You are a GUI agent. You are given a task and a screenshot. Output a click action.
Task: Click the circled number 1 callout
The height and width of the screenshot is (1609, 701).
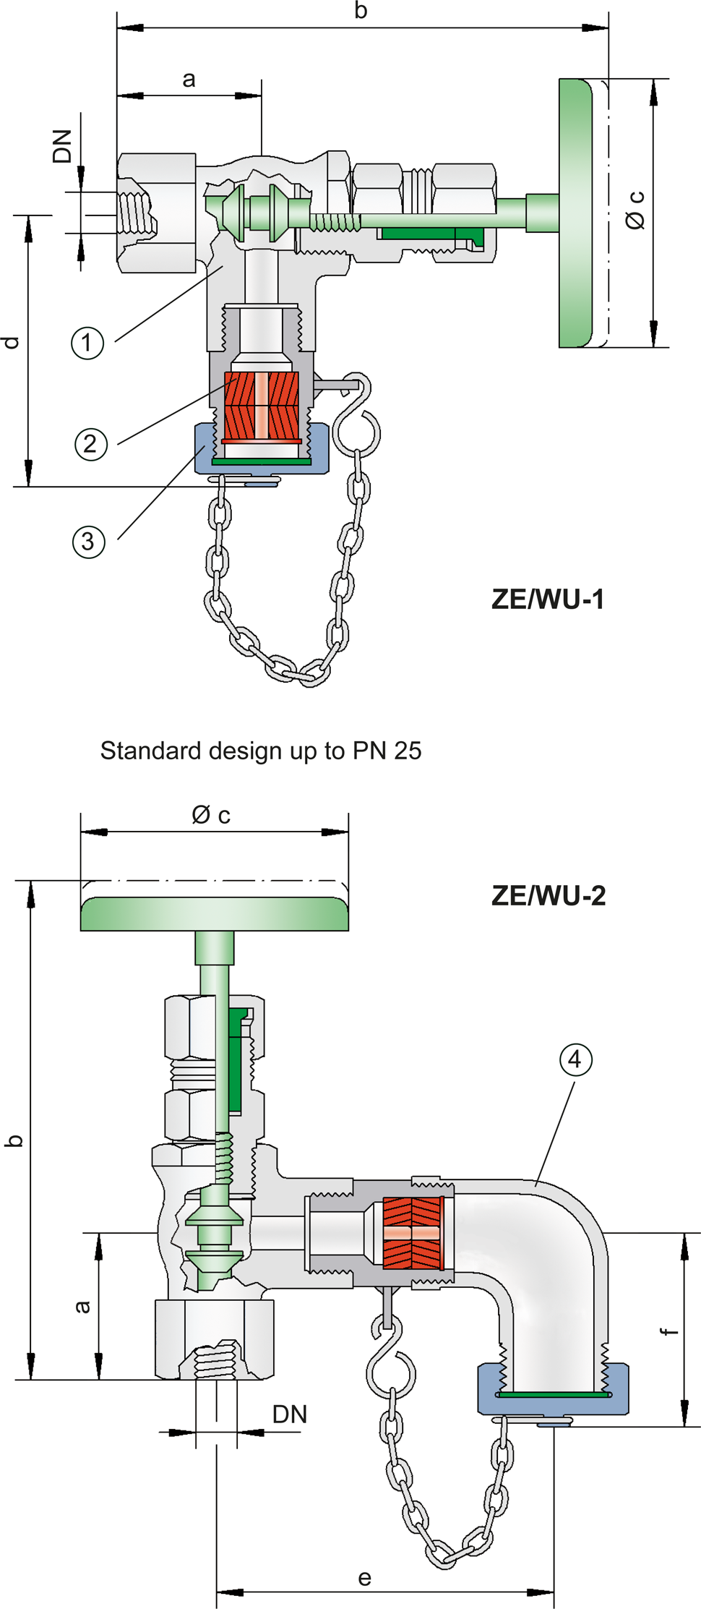coord(87,342)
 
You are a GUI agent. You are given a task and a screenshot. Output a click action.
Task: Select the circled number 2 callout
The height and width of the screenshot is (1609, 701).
coord(90,443)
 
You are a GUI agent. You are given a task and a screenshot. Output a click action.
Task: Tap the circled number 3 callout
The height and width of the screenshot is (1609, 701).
coord(88,542)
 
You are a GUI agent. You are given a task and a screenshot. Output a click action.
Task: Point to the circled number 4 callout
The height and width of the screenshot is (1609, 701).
coord(575,1059)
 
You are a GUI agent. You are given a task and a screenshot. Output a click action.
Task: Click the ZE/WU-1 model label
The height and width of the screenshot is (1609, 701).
coord(547,599)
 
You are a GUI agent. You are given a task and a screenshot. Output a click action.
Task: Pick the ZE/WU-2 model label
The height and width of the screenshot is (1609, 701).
coord(548,895)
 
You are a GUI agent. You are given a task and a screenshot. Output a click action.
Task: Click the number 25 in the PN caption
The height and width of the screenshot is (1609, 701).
coord(407,751)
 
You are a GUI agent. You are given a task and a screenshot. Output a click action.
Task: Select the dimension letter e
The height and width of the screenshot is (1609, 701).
coord(365,1578)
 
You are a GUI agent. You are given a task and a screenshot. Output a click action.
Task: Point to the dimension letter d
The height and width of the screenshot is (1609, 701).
coord(12,342)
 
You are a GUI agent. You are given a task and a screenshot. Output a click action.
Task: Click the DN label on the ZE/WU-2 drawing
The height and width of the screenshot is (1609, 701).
coord(289,1414)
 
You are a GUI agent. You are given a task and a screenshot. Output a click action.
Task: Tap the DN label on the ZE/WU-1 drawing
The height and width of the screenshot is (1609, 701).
coord(63,146)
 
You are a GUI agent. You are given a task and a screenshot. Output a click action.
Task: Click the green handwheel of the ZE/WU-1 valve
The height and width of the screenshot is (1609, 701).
coord(575,213)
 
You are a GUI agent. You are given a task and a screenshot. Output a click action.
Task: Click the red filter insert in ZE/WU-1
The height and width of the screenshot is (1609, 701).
coord(261,406)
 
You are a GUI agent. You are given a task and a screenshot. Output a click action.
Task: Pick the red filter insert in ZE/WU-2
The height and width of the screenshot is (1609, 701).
coord(412,1233)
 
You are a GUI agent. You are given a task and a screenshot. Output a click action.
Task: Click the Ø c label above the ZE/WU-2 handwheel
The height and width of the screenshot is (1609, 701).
coord(211,815)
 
